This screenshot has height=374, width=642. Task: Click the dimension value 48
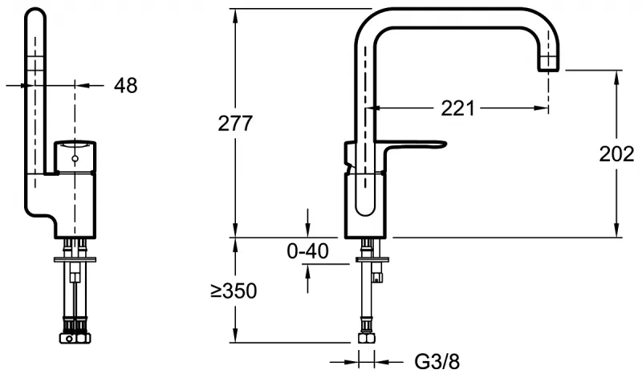(126, 86)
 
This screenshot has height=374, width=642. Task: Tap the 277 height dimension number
(235, 124)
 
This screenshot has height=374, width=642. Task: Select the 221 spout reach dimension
(457, 108)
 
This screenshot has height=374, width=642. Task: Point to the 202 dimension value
(616, 154)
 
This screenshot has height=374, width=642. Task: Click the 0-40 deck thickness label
(307, 250)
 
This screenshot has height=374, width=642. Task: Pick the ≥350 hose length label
(234, 291)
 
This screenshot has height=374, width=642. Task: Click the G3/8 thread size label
(437, 362)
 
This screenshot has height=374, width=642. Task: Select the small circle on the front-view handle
(75, 158)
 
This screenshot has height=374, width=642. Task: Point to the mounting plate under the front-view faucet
(75, 259)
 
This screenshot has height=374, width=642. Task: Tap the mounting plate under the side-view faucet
(372, 260)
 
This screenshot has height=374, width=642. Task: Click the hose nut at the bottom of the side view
(367, 338)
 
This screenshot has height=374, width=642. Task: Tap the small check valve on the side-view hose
(377, 278)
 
